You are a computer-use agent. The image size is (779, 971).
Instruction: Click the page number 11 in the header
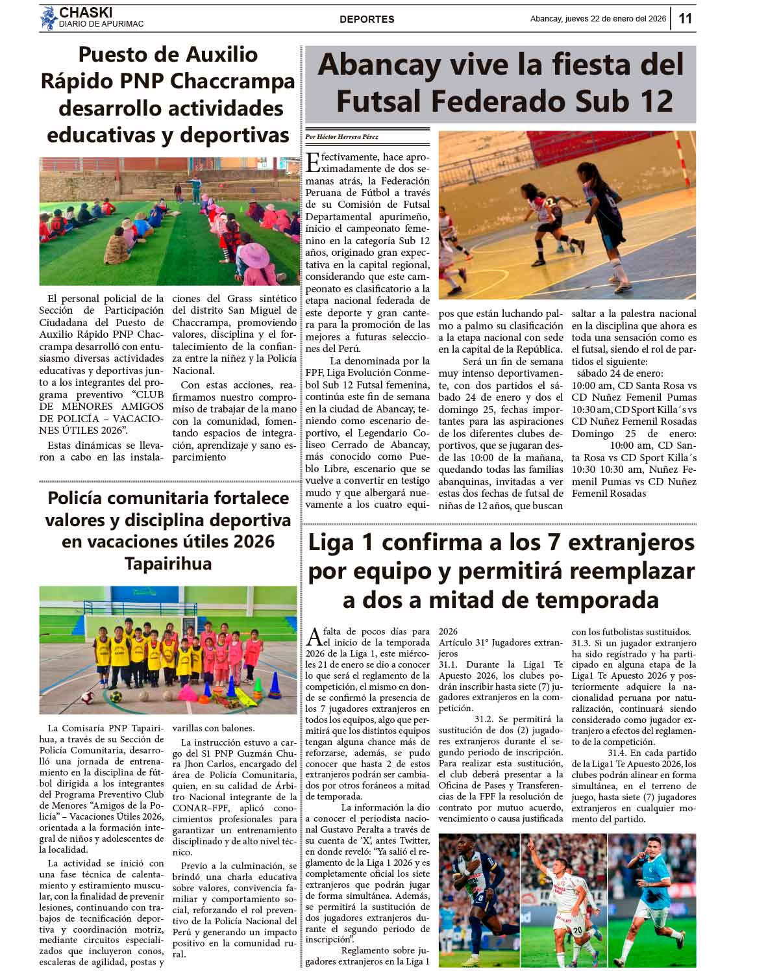point(686,18)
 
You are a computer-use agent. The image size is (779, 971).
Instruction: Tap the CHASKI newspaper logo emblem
point(48,18)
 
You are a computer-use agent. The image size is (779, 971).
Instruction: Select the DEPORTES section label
point(367,19)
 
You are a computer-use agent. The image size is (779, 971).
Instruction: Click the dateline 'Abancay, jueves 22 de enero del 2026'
point(598,19)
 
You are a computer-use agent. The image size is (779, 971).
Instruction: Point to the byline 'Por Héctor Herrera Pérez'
point(342,137)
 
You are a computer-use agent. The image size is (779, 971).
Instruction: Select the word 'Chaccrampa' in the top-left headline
point(232,81)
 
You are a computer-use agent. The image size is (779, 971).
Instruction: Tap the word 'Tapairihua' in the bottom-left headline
point(168,563)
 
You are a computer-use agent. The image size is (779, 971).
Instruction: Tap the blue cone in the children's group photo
point(275,684)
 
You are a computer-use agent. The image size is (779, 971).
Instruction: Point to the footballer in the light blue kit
point(649,896)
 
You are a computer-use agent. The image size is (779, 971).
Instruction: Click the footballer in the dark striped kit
point(477,896)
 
